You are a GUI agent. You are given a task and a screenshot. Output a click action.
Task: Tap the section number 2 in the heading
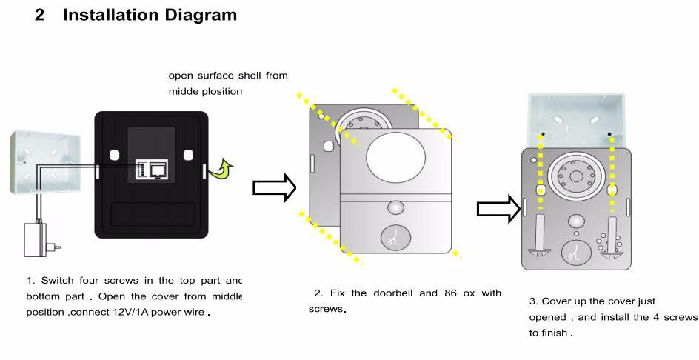[x=40, y=15]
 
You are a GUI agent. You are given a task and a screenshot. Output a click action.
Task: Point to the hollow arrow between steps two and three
[x=498, y=209]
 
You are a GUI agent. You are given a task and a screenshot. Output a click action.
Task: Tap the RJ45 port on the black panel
[x=158, y=170]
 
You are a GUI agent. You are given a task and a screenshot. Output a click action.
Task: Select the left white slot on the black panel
[x=115, y=156]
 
